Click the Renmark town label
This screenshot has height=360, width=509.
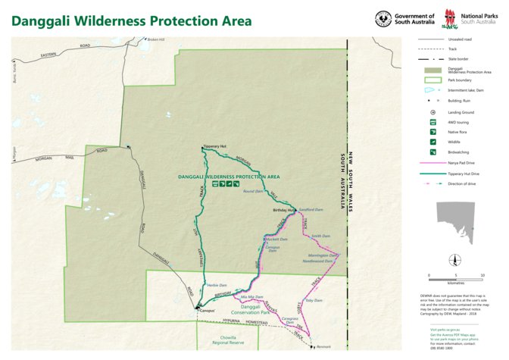(x=323, y=346)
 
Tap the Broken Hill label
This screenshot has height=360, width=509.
(x=157, y=39)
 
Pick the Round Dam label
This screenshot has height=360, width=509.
(x=252, y=192)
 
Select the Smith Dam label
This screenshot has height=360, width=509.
(x=321, y=236)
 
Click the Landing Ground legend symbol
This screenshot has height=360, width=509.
(x=432, y=111)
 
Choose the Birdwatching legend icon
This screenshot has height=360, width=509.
(x=432, y=152)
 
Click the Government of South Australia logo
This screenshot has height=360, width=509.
(x=405, y=19)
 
